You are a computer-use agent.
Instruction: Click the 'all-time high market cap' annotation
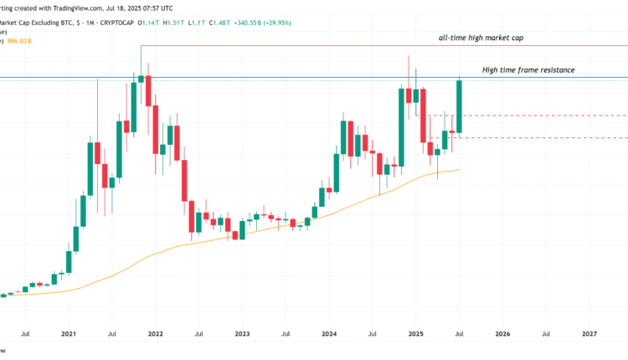pos(481,39)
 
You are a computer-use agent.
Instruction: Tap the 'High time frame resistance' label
pos(528,69)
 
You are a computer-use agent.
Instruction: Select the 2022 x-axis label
pos(155,333)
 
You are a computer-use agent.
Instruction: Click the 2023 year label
pos(242,333)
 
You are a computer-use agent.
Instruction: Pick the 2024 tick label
pos(329,333)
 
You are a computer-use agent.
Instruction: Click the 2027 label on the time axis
pos(589,333)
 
